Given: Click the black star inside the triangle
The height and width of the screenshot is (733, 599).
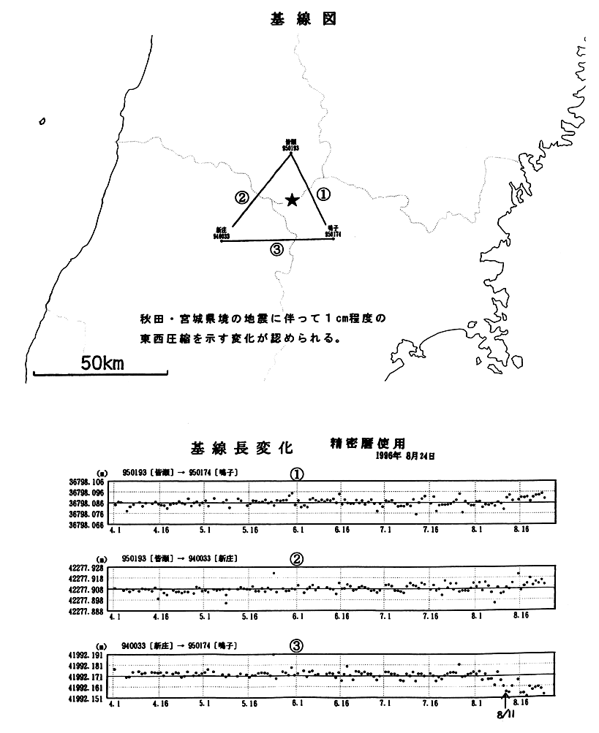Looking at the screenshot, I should click(x=292, y=200).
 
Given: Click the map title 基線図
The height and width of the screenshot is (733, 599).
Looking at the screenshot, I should click(x=302, y=20).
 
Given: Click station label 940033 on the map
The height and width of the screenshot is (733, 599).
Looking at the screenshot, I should click(x=222, y=233).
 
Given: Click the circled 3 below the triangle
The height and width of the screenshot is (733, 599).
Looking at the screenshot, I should click(x=276, y=250).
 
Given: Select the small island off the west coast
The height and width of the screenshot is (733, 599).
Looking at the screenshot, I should click(x=43, y=121).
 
